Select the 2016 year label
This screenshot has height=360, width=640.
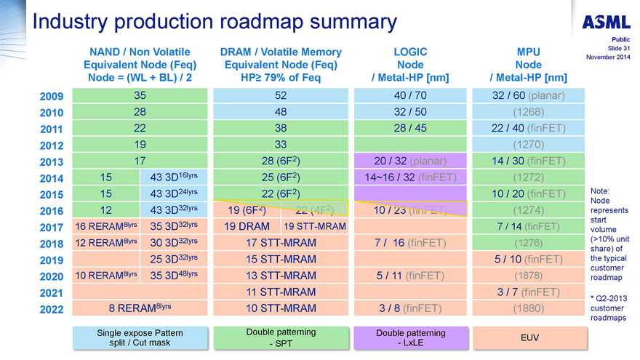(52, 212)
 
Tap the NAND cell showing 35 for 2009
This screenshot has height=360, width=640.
(140, 95)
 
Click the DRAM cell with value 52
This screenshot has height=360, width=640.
(281, 95)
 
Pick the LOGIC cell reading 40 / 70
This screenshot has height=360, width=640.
(409, 95)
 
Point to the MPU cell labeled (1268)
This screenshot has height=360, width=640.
(528, 111)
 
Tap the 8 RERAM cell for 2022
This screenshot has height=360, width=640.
(140, 308)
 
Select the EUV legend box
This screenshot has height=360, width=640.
(529, 338)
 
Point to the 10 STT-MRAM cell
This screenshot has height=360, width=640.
(281, 308)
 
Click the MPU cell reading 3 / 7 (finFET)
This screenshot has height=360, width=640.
(528, 292)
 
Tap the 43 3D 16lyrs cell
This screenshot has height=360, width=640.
(173, 177)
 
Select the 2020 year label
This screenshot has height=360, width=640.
(52, 277)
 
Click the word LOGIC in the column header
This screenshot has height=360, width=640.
(410, 52)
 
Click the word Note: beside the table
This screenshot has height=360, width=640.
(601, 191)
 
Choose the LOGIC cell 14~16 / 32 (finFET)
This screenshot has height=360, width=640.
(409, 177)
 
